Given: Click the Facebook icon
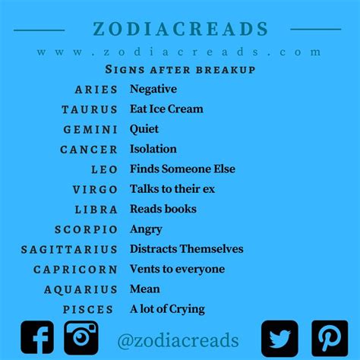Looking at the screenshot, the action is [x=37, y=337].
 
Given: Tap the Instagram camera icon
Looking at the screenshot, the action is [x=81, y=338].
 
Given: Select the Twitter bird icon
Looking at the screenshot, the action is [x=279, y=339].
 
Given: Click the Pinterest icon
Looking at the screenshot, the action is [x=330, y=339].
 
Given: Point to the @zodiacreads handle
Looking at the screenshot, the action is [x=178, y=340].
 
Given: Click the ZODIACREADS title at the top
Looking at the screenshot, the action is [x=180, y=28].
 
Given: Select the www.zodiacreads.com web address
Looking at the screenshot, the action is [x=178, y=52].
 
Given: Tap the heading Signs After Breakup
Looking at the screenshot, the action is [x=180, y=69].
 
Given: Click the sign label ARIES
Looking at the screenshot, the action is [x=96, y=90].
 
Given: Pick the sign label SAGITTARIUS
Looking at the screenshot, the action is [x=69, y=250].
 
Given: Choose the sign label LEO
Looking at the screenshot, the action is [x=104, y=169].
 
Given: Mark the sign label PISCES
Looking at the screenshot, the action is [x=88, y=310].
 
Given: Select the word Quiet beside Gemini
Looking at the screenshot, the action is [x=144, y=129].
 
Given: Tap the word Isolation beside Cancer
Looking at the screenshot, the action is [x=153, y=149].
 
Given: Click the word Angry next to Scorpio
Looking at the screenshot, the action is [x=146, y=229].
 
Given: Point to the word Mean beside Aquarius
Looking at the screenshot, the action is [x=145, y=289].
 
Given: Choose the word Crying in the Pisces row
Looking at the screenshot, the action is [x=187, y=309].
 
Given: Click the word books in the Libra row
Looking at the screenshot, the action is [x=181, y=209].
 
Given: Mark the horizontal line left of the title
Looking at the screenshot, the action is [x=39, y=30].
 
